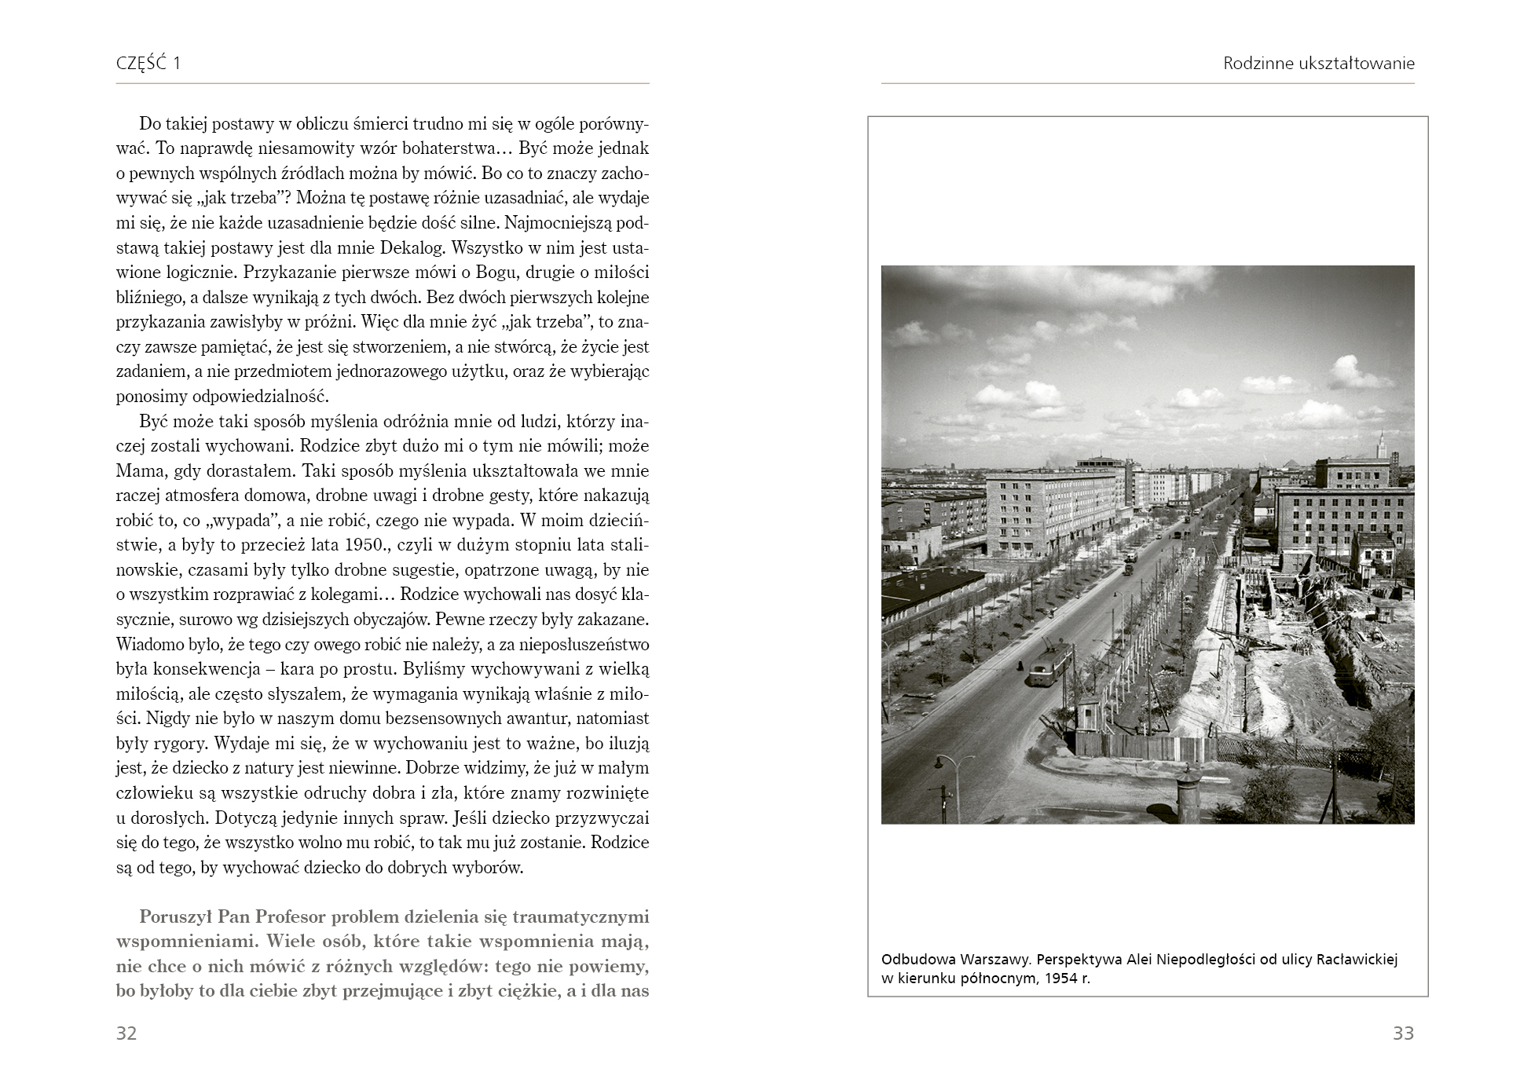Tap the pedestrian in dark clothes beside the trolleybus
pos(1019,666)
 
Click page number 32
pos(126,1033)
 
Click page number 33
pos(1403,1033)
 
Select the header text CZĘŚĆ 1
pos(148,64)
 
